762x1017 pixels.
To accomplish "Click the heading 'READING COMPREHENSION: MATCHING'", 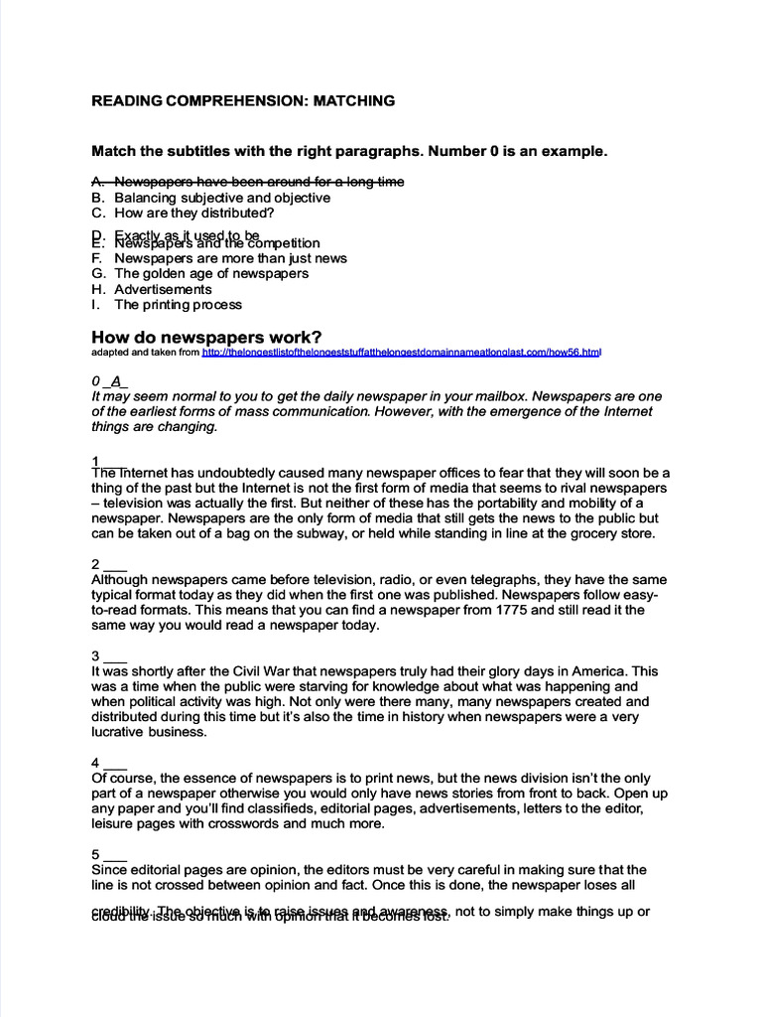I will [x=243, y=101].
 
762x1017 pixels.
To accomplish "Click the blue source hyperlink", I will [x=402, y=352].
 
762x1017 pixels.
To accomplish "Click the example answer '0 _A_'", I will [x=110, y=380].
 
